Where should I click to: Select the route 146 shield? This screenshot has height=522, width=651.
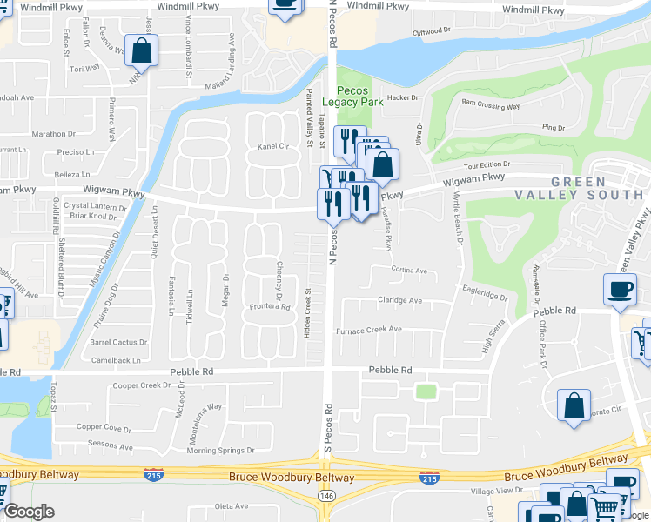coord(325,495)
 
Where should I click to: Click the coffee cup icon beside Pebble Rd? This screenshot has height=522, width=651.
coord(620,290)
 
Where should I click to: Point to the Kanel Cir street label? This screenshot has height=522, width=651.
coord(272,147)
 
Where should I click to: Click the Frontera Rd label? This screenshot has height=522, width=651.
coord(269,306)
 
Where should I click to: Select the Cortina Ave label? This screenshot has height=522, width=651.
coord(409,271)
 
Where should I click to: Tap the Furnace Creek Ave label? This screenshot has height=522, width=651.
coord(369,330)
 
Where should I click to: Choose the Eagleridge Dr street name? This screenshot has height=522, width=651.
coord(485,296)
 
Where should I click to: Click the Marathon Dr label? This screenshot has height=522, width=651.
coord(54,134)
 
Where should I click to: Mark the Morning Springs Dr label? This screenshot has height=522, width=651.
coord(221,451)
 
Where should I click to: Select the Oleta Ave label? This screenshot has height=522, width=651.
coord(232,505)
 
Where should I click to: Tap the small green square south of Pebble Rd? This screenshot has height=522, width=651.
coord(426,391)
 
